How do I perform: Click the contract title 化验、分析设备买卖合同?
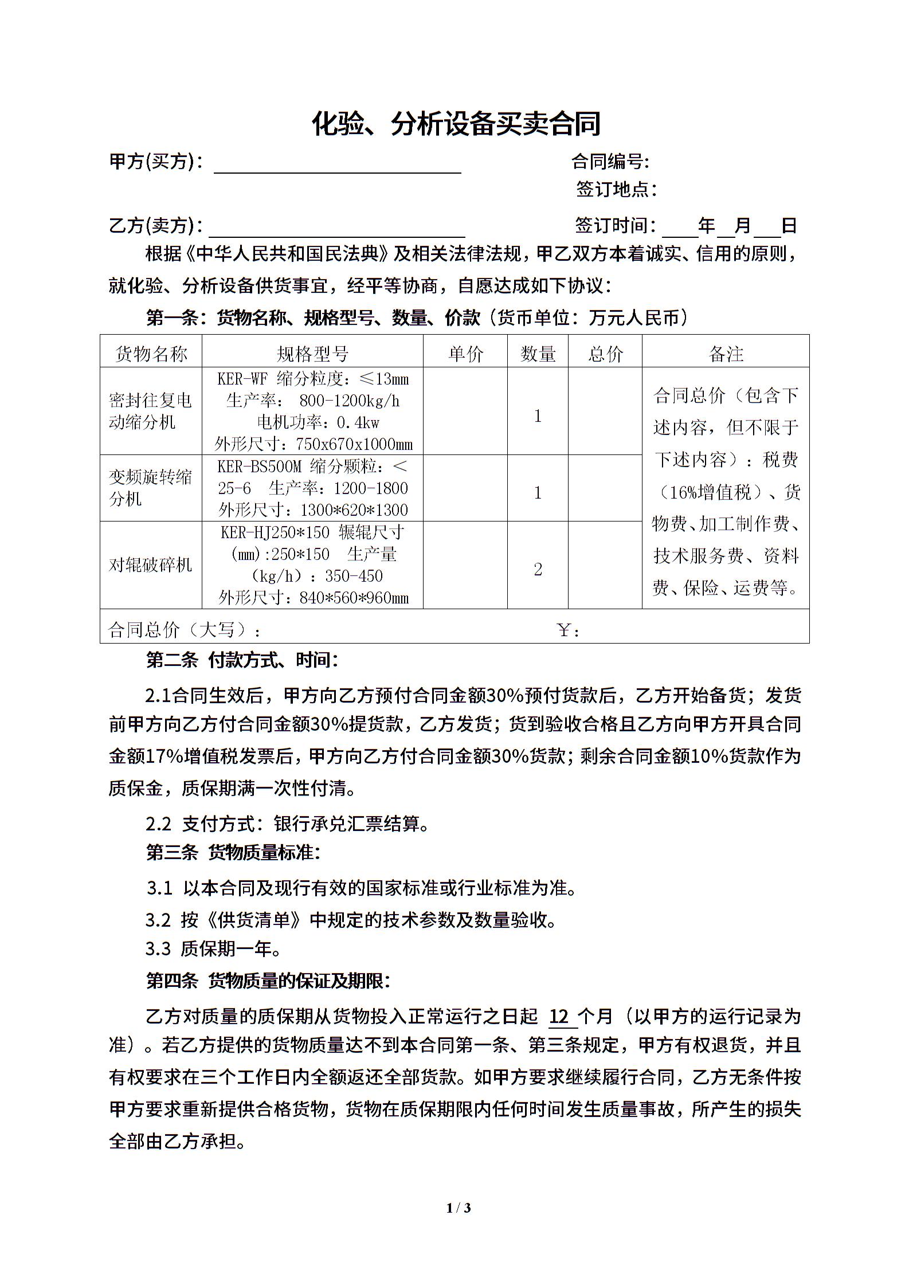456,124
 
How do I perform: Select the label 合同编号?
610,162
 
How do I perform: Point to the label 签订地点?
616,189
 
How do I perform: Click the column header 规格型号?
312,354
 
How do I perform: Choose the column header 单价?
465,354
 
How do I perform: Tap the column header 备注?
726,354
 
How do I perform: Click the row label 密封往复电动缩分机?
150,411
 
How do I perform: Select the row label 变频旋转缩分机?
150,488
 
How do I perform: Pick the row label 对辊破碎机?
150,565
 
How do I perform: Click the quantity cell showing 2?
538,569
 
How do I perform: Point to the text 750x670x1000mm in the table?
354,444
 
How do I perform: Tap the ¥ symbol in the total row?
564,631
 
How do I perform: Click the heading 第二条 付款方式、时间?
242,660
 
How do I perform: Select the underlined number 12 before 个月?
559,1017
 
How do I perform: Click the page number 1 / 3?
459,1207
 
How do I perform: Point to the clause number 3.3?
158,948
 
